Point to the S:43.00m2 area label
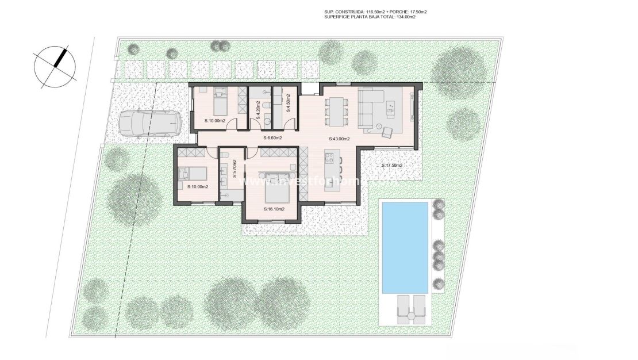coord(340,139)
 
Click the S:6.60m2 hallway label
coord(272,138)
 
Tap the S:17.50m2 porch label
coord(392,166)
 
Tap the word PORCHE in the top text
coord(387,12)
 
